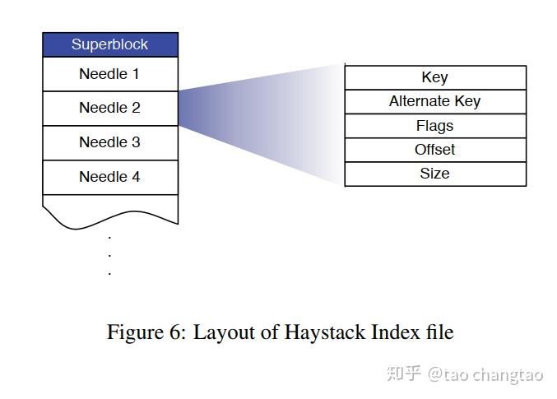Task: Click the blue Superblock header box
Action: [110, 44]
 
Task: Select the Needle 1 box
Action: [110, 74]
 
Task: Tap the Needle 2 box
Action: [110, 108]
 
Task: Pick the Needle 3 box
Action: [110, 142]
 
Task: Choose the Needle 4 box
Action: [110, 177]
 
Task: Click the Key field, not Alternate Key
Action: [434, 77]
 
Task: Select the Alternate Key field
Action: [434, 101]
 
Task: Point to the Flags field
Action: [434, 126]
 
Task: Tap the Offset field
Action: [434, 150]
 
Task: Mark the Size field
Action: [434, 174]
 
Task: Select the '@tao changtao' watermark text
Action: [485, 374]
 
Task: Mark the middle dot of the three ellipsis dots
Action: [109, 255]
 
